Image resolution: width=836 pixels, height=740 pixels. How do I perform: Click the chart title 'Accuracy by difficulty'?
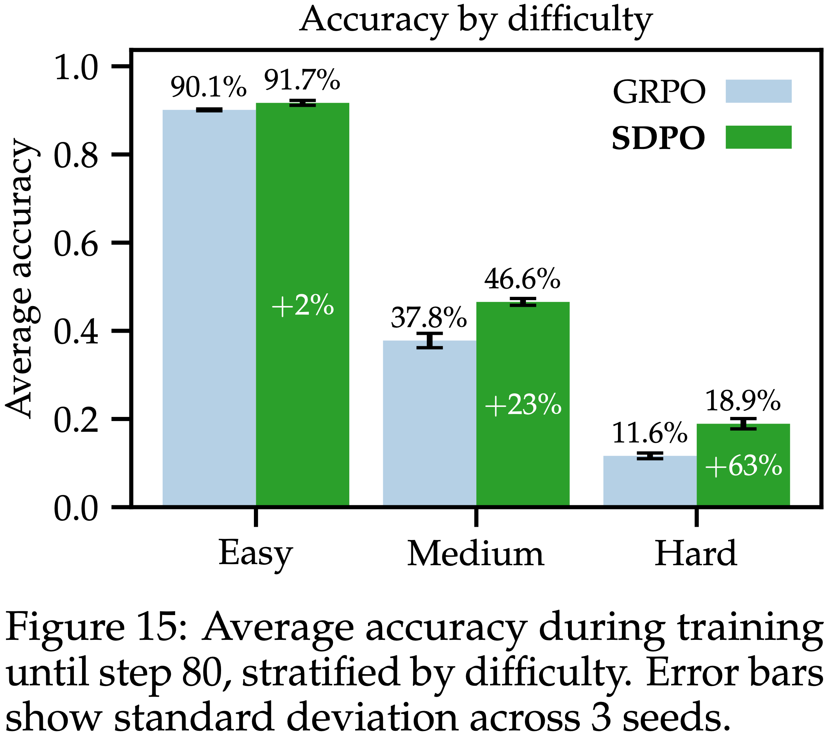476,20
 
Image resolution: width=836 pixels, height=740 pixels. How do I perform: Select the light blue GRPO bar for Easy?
209,307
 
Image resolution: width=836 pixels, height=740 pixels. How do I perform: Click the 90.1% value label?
208,87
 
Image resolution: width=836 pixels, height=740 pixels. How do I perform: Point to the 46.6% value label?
522,279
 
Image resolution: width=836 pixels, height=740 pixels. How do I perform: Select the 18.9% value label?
743,401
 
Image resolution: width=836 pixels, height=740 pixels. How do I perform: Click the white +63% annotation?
744,466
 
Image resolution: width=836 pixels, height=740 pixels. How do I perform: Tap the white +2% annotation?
303,306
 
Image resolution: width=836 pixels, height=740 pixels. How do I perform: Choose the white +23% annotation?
523,405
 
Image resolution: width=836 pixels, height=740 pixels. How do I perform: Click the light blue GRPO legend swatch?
758,91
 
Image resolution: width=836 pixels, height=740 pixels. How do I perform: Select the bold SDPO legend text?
658,138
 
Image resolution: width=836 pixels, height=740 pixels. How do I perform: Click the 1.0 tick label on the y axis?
76,68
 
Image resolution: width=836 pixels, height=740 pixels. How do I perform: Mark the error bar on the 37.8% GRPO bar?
429,340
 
